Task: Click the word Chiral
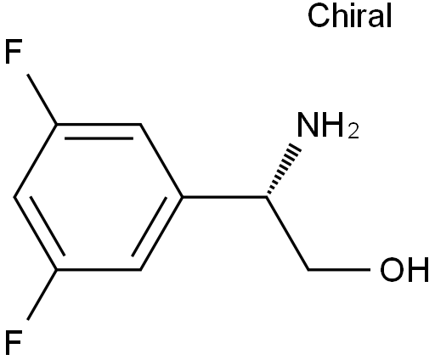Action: [350, 16]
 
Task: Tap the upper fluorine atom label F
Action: [14, 52]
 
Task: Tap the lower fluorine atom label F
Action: [14, 342]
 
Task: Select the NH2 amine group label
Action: [328, 126]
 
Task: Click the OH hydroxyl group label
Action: [404, 270]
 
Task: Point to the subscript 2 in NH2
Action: [353, 132]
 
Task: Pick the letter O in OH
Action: [392, 270]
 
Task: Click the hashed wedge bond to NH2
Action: [282, 170]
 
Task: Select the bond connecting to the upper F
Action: [42, 99]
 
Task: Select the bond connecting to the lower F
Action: [42, 295]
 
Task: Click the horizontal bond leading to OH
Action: [339, 270]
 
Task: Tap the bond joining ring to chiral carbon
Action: [224, 197]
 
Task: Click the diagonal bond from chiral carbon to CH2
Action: [287, 233]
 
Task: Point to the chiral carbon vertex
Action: [267, 197]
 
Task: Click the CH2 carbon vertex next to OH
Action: [308, 270]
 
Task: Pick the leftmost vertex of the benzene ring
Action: [14, 197]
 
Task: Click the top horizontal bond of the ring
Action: [99, 124]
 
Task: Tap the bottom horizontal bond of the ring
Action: [99, 270]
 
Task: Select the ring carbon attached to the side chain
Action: [183, 197]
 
